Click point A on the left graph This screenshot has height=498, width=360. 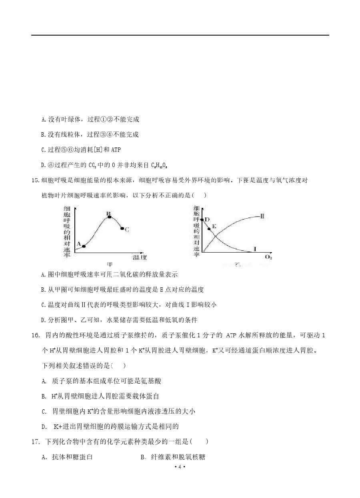pos(84,246)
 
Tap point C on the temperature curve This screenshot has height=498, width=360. pos(122,229)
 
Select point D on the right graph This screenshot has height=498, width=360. pos(202,220)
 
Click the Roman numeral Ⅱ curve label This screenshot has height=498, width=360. pos(262,216)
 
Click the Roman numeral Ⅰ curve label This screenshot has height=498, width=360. pos(255,249)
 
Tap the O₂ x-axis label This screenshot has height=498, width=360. pos(268,257)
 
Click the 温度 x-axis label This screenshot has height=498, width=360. pos(140,257)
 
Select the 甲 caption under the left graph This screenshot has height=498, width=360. pos(109,265)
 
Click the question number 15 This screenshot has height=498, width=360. pos(35,181)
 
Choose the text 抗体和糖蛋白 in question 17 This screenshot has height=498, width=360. pos(72,457)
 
